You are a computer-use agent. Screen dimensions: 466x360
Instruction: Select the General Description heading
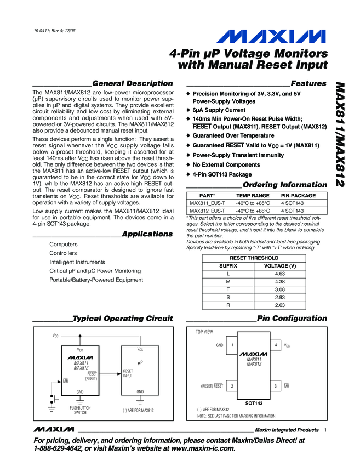pyautogui.click(x=133, y=83)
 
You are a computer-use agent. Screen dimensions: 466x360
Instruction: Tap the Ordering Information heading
pyautogui.click(x=284, y=185)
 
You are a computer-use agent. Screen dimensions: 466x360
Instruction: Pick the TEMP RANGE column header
pyautogui.click(x=253, y=196)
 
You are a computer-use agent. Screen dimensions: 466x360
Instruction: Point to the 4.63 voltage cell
pyautogui.click(x=280, y=274)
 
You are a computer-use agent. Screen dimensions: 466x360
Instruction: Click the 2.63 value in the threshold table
pyautogui.click(x=280, y=305)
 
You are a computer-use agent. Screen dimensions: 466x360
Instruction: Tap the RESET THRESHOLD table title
pyautogui.click(x=254, y=258)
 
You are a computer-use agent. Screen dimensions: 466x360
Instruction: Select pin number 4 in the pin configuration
pyautogui.click(x=276, y=345)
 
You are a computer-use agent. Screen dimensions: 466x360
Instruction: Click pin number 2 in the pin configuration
pyautogui.click(x=232, y=386)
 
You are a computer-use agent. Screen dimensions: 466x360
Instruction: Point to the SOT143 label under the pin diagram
pyautogui.click(x=254, y=402)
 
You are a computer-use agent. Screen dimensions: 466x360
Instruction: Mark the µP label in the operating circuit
pyautogui.click(x=140, y=362)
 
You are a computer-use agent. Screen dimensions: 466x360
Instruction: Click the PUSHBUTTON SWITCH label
pyautogui.click(x=81, y=410)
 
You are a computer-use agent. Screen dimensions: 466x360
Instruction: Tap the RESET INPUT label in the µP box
pyautogui.click(x=128, y=373)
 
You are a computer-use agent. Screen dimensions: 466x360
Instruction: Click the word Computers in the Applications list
pyautogui.click(x=63, y=245)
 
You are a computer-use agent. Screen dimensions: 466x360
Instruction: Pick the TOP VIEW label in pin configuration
pyautogui.click(x=204, y=332)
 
